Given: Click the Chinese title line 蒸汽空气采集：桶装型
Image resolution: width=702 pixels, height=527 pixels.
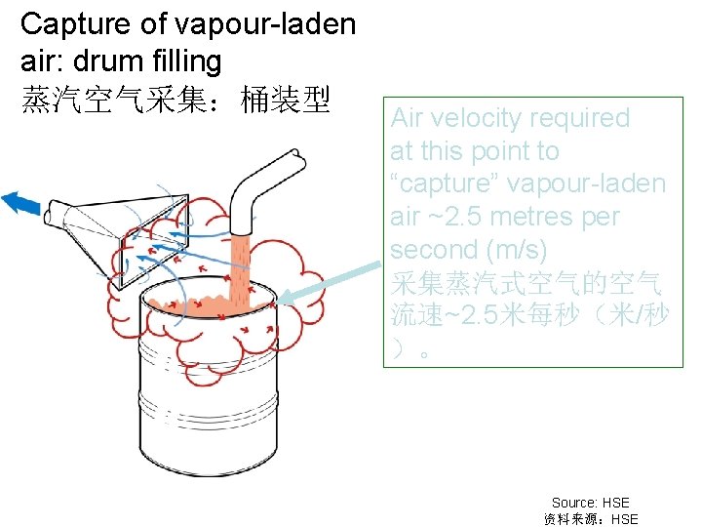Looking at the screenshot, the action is click(175, 99).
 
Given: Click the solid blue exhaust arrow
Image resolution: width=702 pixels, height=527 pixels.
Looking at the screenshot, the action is click(21, 202).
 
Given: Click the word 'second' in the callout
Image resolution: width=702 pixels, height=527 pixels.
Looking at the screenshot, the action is click(431, 250).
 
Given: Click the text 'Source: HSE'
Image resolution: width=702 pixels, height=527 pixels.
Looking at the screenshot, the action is click(590, 503).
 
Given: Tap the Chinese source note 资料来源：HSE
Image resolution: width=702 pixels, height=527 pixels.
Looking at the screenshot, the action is click(590, 519).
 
